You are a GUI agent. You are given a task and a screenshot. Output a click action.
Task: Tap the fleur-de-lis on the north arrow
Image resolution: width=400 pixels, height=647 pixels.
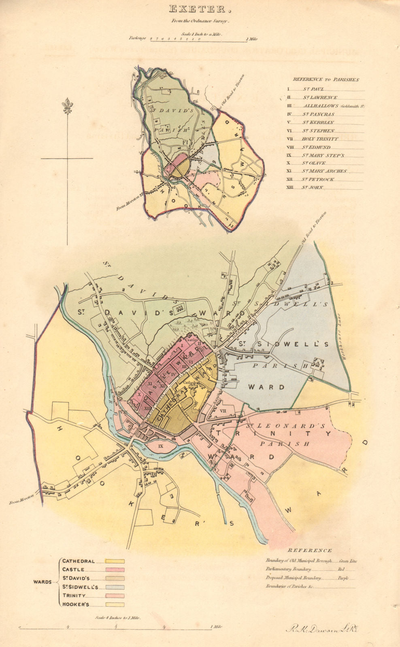tap(67, 106)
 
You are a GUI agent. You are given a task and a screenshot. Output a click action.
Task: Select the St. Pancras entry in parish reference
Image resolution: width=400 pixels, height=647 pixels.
tap(319, 114)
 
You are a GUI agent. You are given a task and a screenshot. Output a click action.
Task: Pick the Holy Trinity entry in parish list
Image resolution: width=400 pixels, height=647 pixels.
tap(320, 139)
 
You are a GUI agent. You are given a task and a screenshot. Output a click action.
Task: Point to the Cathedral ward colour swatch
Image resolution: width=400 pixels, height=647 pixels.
tap(115, 561)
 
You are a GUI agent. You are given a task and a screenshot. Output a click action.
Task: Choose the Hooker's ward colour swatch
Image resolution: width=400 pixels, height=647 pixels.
tap(115, 605)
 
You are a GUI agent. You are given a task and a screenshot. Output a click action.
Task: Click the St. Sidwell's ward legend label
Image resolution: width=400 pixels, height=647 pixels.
tap(80, 587)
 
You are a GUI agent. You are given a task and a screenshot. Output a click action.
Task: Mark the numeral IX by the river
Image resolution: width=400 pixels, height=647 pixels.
tap(160, 446)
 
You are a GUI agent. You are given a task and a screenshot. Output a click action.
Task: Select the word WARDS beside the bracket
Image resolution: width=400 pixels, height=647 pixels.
tap(43, 582)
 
